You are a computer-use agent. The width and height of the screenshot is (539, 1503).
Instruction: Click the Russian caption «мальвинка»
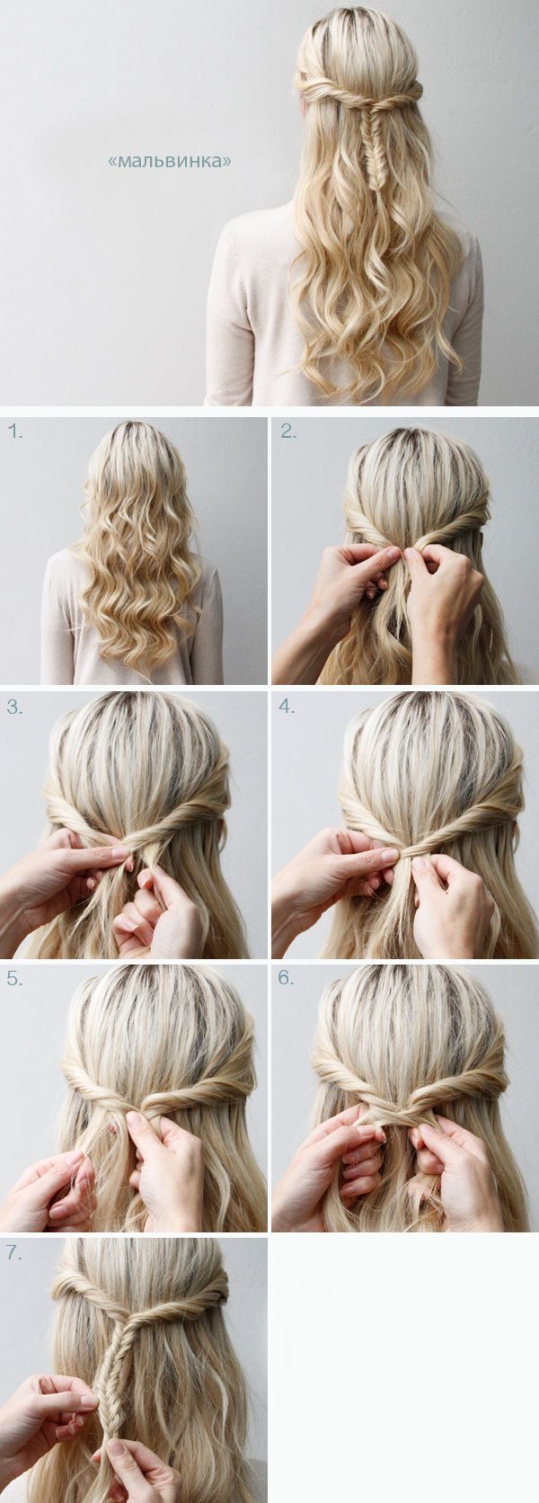[x=170, y=161]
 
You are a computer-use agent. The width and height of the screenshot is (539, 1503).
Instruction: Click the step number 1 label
[x=14, y=432]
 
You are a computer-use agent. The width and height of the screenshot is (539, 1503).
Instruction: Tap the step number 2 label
[x=288, y=432]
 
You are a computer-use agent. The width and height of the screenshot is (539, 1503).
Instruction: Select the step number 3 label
[x=14, y=706]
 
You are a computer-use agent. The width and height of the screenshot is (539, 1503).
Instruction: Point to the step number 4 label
[x=287, y=706]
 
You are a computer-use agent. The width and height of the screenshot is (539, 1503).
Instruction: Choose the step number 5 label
[x=14, y=978]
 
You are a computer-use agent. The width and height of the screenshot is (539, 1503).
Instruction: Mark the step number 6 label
[x=287, y=978]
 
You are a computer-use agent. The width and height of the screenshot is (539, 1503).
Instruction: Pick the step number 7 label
[x=14, y=1252]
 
